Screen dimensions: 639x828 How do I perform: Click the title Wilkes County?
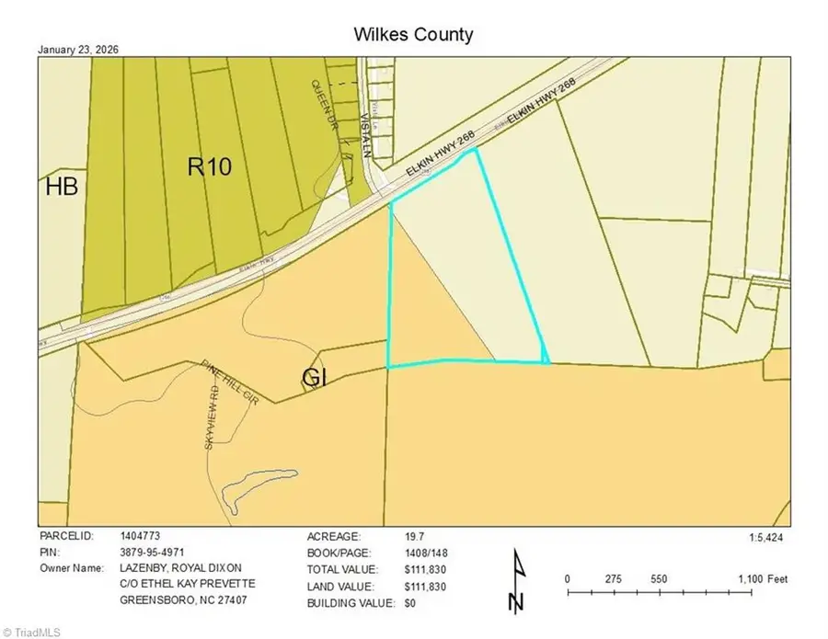[413, 35]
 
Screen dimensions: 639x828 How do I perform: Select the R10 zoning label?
[210, 166]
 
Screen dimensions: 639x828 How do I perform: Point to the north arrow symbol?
[516, 581]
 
